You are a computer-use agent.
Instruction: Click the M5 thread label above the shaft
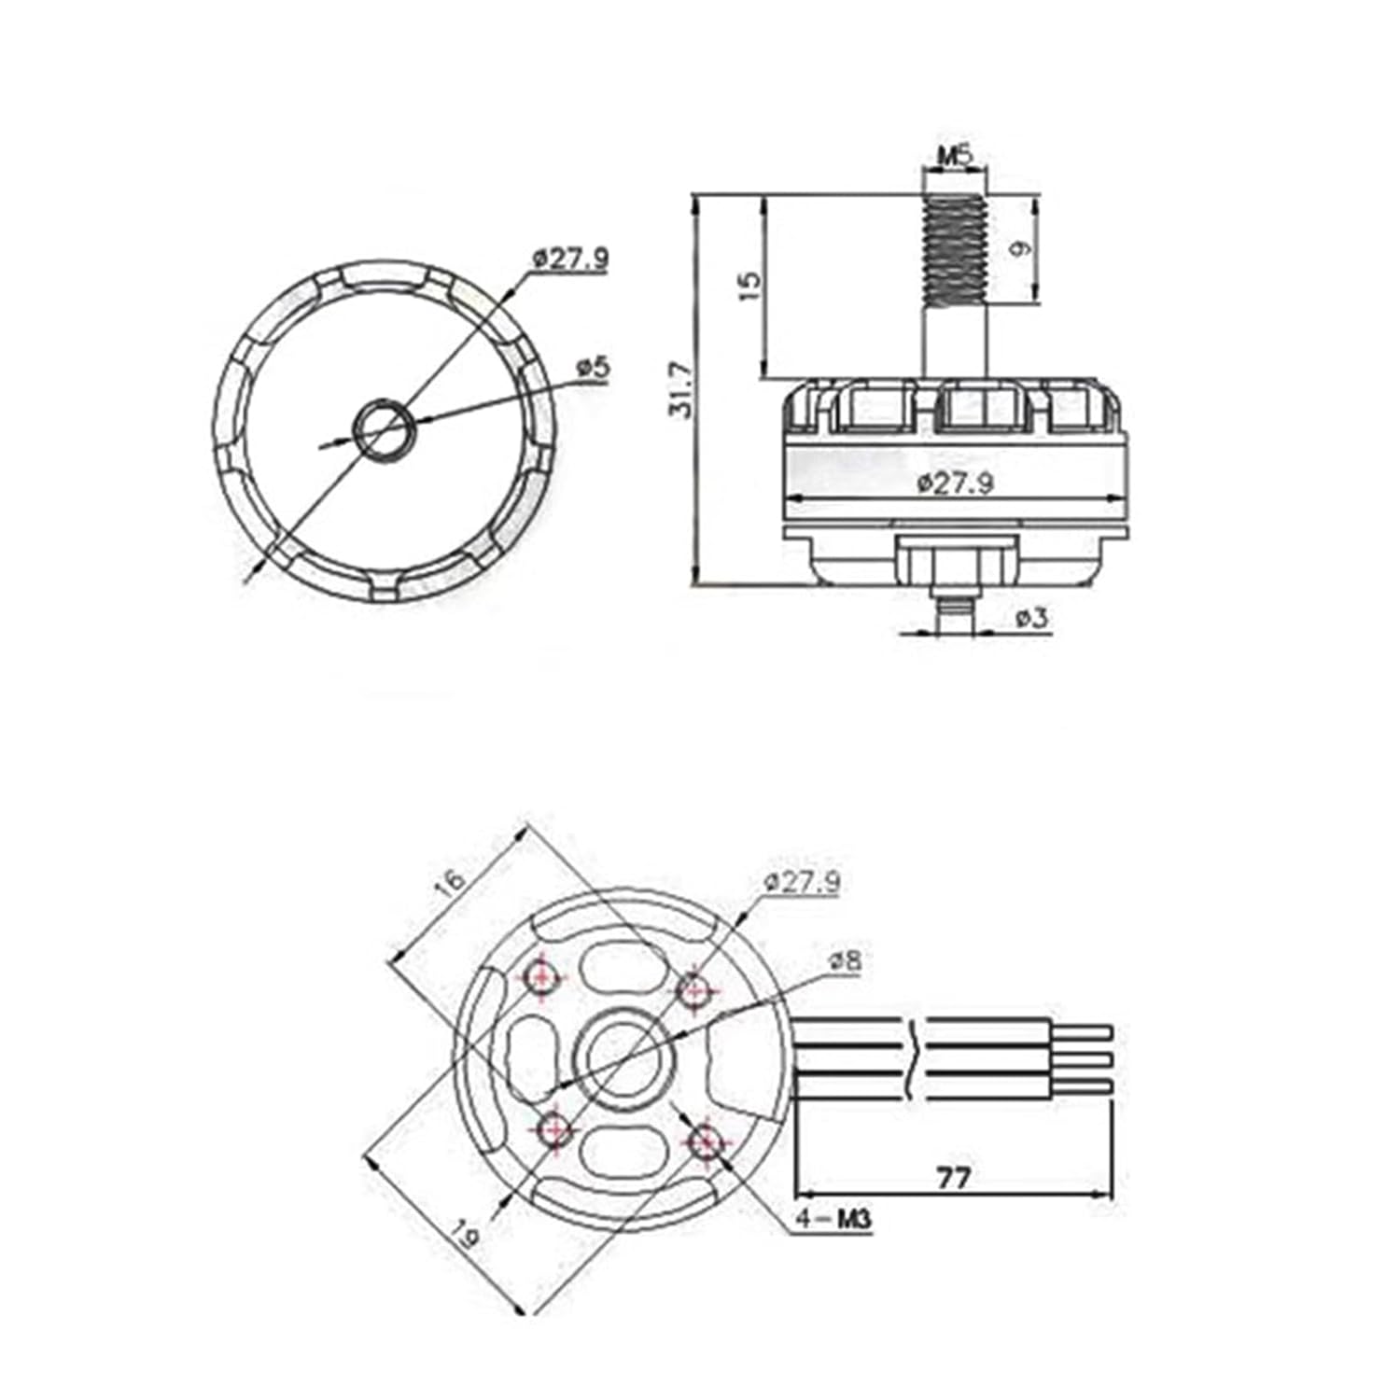[x=954, y=155]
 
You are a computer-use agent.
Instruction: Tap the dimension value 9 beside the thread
[x=1023, y=249]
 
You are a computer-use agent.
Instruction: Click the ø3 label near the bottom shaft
[x=1030, y=617]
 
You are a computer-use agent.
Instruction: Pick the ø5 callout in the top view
[x=593, y=368]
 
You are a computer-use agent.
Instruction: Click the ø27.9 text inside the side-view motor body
[x=955, y=483]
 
